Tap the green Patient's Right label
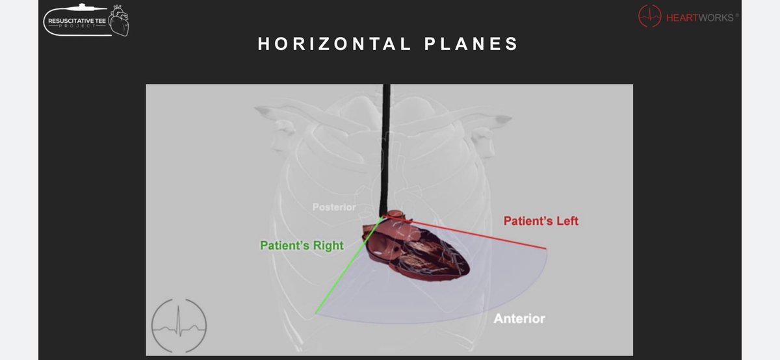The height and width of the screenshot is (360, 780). tap(302, 246)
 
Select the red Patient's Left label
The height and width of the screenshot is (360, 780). tap(541, 222)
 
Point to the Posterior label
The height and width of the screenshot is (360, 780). tap(334, 207)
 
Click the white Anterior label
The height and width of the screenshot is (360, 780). tap(519, 319)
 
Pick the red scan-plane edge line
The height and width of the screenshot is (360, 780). tap(474, 235)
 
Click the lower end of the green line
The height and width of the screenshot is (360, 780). tap(317, 313)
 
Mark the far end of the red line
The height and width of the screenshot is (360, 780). tap(545, 249)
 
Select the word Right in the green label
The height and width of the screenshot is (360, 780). tap(329, 246)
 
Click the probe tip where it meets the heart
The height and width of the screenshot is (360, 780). tap(386, 215)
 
